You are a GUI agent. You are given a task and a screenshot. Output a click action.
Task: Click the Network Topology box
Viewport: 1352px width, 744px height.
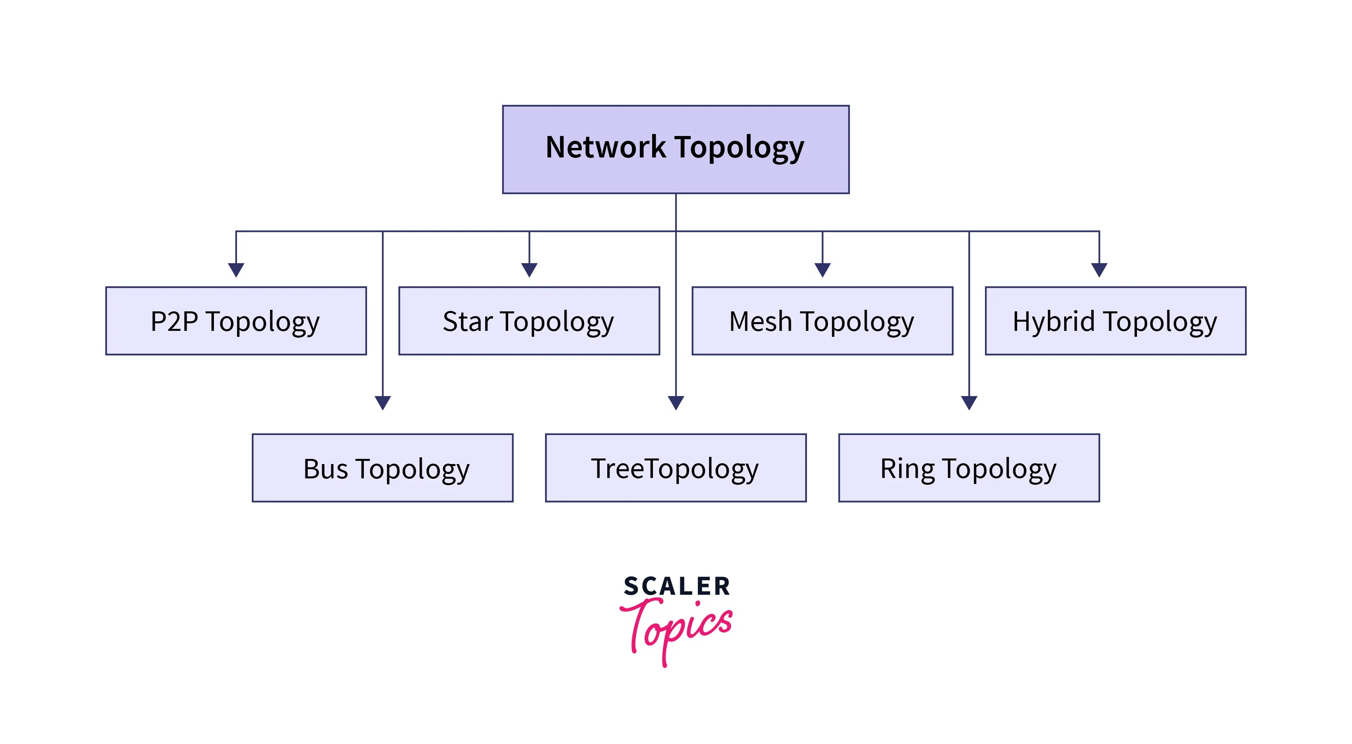coord(676,150)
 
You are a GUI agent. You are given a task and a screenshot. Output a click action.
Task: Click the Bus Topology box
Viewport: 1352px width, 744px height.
coord(382,468)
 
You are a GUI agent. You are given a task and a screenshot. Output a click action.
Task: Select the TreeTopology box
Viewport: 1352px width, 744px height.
coord(676,468)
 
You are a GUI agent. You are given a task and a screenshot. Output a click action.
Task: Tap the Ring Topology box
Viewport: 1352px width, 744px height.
coord(969,468)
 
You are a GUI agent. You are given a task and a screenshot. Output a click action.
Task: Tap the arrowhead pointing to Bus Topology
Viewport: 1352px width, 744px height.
coord(383,402)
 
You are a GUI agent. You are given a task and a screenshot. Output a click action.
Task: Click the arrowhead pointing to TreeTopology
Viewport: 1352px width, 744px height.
coord(676,402)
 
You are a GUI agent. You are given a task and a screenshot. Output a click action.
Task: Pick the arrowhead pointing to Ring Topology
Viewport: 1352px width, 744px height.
coord(969,402)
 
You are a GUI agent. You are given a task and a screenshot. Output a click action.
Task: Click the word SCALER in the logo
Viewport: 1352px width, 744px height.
coord(676,586)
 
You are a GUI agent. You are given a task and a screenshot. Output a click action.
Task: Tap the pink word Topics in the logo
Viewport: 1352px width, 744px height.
coord(677,627)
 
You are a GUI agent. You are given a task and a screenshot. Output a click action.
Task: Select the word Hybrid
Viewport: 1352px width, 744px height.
coord(1053,321)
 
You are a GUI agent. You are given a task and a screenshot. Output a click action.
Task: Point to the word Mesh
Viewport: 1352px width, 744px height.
coord(760,321)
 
